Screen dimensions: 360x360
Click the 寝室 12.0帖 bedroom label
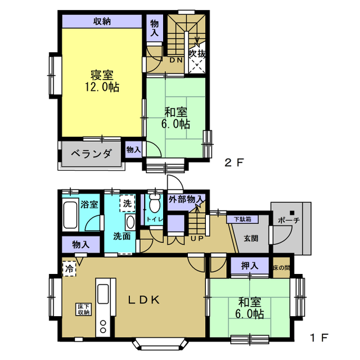tap(102, 81)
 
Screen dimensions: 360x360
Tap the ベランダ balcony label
tap(92, 154)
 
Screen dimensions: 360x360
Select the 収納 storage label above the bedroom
tap(102, 21)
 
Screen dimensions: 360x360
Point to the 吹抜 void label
tap(197, 54)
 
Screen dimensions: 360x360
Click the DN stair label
tap(176, 60)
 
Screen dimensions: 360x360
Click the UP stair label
tap(197, 238)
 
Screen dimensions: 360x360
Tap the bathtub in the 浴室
tap(70, 215)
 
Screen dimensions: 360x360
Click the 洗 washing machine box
tap(128, 203)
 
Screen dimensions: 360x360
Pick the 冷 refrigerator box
tap(69, 269)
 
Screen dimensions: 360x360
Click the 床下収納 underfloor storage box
tap(84, 309)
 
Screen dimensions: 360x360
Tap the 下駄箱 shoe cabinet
tap(242, 219)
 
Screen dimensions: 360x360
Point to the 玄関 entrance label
tap(251, 238)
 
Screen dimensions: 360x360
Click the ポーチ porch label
tap(289, 220)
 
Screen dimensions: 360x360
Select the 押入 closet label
tap(250, 266)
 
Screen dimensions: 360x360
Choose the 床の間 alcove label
tap(281, 268)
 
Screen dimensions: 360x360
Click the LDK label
tap(144, 300)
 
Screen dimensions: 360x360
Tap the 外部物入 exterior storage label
tap(186, 200)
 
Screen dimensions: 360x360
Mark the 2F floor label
tap(234, 163)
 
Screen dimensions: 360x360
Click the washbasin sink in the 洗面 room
tap(130, 222)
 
